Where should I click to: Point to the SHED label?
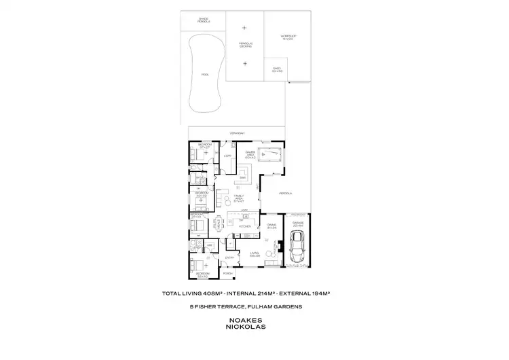pos(276,69)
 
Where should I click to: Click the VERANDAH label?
pos(237,133)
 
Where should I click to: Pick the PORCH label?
pos(238,273)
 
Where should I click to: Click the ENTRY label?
pos(229,257)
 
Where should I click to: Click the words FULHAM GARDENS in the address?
pos(283,306)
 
